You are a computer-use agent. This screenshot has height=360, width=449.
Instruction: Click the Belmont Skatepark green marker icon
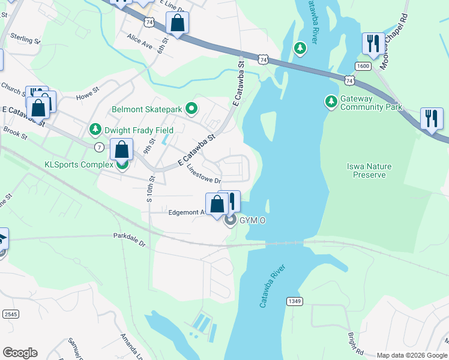point(192,109)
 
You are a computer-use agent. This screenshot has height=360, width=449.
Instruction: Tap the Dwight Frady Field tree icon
point(95,130)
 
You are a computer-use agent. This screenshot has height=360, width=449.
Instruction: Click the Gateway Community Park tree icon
point(331,102)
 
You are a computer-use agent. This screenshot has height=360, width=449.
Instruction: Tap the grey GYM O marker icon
point(230,221)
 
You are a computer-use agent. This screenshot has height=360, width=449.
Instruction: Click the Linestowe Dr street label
point(203,174)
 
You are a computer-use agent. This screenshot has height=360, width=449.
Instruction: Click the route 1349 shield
point(293,301)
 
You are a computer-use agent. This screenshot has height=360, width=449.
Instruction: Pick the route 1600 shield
point(363,66)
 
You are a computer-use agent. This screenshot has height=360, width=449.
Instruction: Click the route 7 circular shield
point(98,147)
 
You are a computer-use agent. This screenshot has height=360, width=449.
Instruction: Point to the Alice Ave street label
point(140,40)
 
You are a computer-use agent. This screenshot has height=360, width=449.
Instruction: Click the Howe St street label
point(87,96)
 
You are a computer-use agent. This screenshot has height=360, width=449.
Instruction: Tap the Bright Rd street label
point(355,343)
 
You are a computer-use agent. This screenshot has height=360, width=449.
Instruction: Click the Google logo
point(20,353)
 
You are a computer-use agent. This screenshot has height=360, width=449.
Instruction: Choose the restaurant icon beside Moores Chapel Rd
point(373,44)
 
